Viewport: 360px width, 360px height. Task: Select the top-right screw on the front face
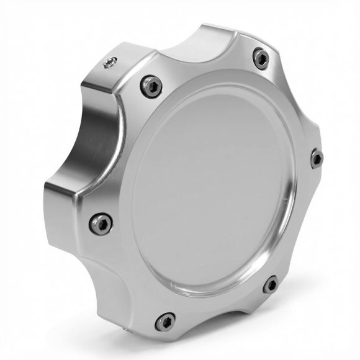click(261, 59)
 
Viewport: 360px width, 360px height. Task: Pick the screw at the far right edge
click(317, 158)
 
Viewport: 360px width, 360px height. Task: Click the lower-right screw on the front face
click(271, 286)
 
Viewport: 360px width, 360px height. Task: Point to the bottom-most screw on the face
click(165, 321)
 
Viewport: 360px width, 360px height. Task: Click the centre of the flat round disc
click(214, 192)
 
